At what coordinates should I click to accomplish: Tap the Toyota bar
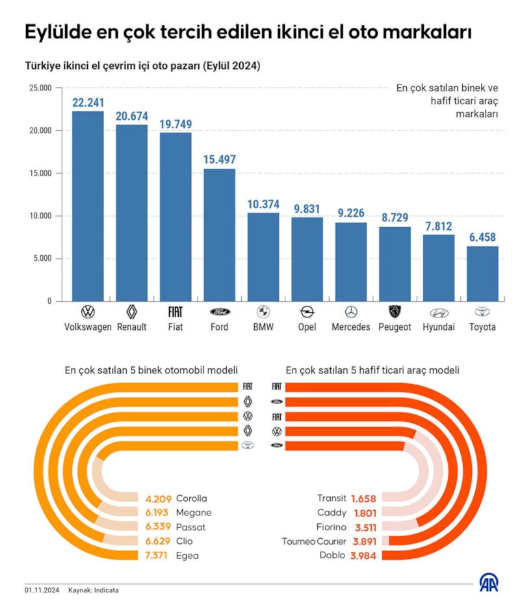coord(482,273)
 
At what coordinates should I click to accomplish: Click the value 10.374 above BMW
coord(263,204)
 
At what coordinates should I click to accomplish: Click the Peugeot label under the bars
coord(395,327)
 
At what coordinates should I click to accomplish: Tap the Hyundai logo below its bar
coord(439,312)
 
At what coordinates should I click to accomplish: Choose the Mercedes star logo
coord(351,312)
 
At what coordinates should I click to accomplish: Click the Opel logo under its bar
coord(307,312)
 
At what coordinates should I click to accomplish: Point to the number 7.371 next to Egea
coord(158,556)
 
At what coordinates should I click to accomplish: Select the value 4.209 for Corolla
coord(158,498)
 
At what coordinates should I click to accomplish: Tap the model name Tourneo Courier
coord(314,541)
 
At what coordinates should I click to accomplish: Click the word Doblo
coord(333,556)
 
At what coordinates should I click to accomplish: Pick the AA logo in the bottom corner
coord(488,582)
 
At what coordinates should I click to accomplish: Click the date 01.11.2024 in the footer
coord(42,590)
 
